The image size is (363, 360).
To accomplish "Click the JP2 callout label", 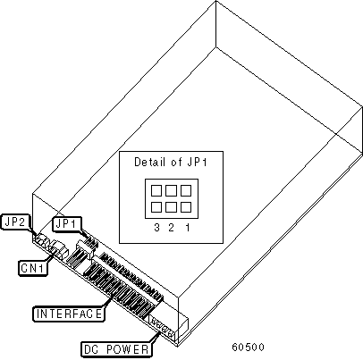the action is [16, 222].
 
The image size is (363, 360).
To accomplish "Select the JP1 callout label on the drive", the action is [67, 224].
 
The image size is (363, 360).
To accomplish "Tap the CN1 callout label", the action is [33, 268].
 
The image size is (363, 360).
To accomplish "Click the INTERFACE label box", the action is [69, 314].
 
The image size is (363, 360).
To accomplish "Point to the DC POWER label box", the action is [116, 349].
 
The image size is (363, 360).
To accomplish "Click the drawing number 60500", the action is [248, 347].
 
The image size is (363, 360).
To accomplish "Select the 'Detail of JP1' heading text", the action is [171, 162].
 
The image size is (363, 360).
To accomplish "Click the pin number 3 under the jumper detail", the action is [156, 228].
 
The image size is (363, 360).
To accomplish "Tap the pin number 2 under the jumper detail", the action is [171, 228].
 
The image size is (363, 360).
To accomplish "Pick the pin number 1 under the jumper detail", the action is [188, 228].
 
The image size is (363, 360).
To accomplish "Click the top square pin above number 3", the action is [156, 190].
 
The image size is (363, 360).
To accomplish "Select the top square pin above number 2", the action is [171, 190].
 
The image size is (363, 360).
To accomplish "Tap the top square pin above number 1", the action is [186, 190].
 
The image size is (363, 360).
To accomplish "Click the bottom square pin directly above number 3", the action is [156, 207].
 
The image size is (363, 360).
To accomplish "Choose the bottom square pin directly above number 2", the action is [171, 207].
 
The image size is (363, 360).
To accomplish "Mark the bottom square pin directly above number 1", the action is [186, 207].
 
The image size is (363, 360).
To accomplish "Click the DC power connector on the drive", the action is [164, 326].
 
